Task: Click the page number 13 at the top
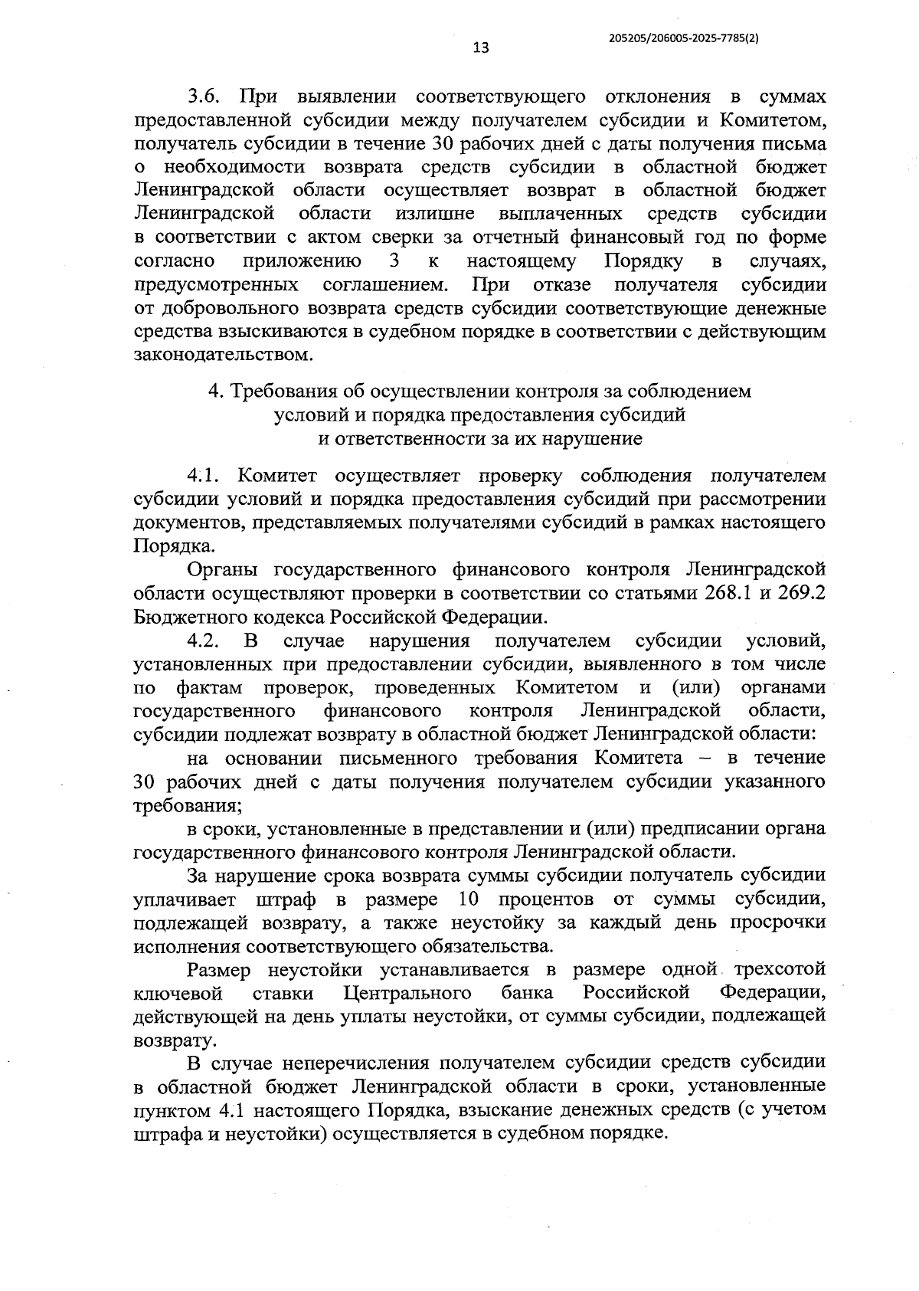pyautogui.click(x=481, y=48)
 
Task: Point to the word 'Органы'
pyautogui.click(x=221, y=570)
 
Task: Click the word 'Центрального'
pyautogui.click(x=407, y=994)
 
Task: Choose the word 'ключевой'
pyautogui.click(x=178, y=994)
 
